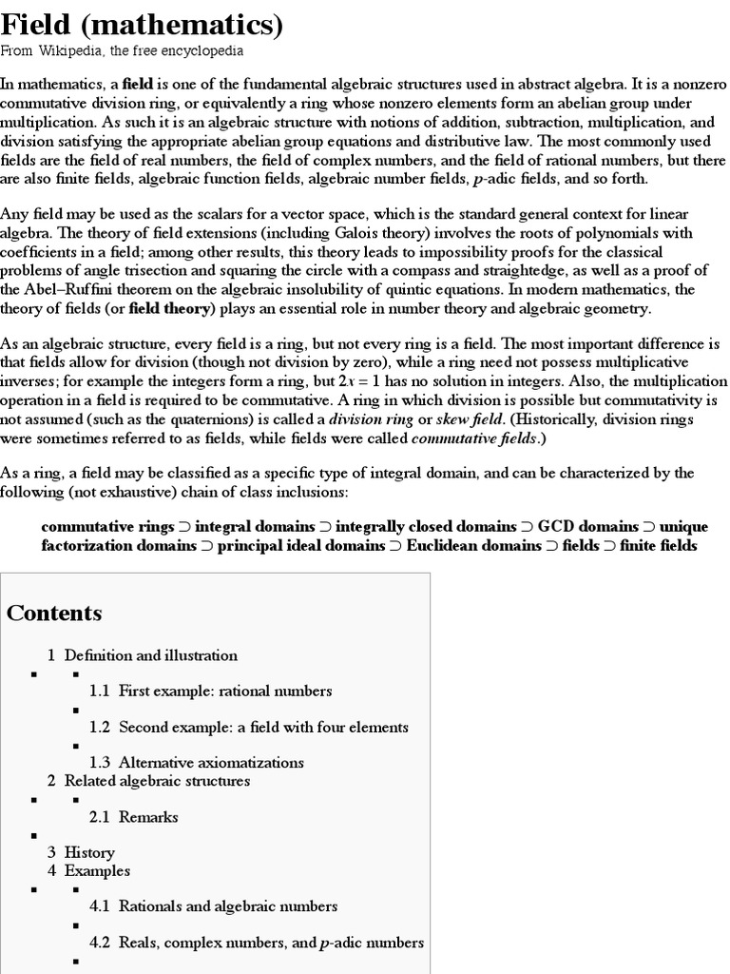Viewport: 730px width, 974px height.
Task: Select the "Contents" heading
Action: (x=54, y=614)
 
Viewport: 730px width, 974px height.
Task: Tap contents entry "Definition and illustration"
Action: (x=150, y=655)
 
